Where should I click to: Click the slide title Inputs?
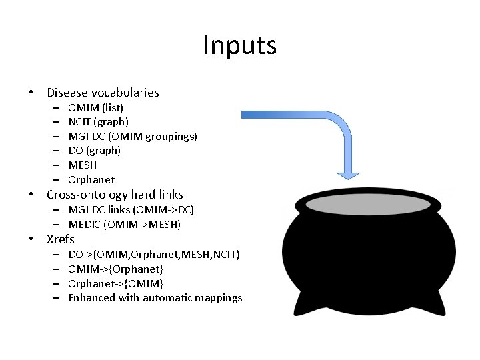point(239,46)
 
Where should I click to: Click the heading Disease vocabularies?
point(103,93)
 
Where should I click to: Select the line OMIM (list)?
point(95,107)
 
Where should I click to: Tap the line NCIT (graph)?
point(99,122)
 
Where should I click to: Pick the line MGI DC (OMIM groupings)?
point(133,136)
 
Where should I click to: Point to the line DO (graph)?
point(94,151)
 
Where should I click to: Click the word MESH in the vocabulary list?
point(83,165)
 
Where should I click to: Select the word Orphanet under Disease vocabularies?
point(91,180)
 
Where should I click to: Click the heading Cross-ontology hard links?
point(115,195)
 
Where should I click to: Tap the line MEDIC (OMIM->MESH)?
point(125,225)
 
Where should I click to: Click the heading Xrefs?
point(61,239)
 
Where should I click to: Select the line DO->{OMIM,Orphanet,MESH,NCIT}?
point(155,254)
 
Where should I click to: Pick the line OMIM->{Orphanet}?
point(116,269)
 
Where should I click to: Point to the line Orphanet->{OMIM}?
point(116,283)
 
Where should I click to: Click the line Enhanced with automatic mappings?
point(155,298)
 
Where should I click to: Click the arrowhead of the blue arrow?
point(352,173)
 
